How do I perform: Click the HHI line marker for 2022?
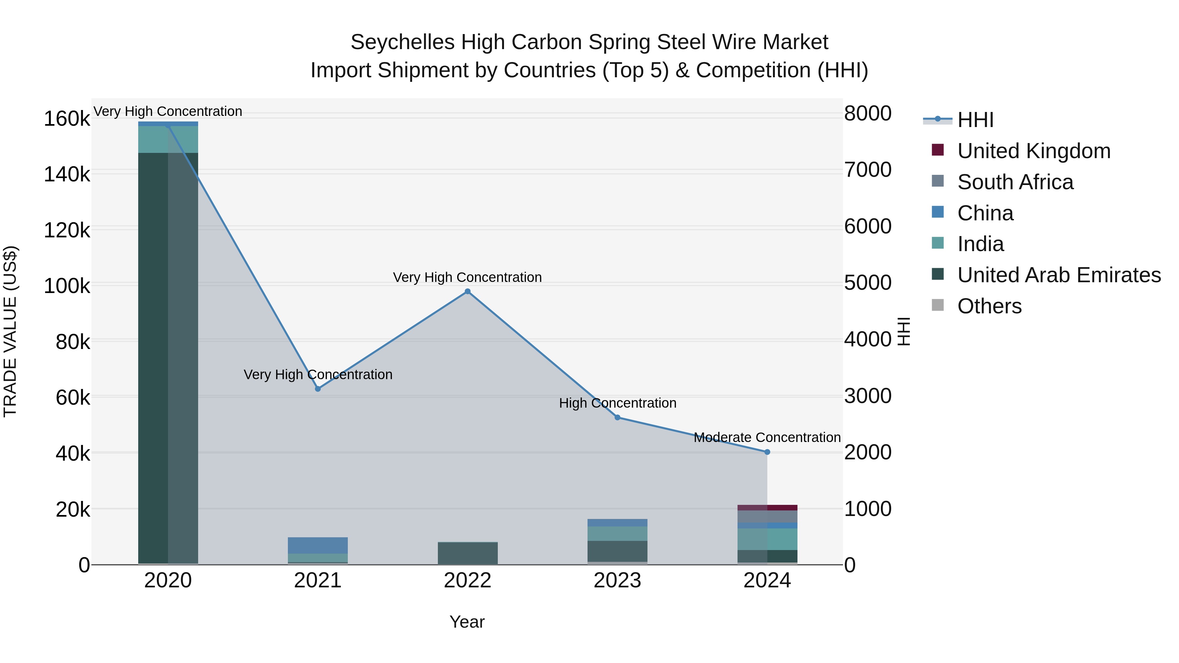tap(467, 291)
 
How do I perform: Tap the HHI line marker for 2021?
tap(318, 389)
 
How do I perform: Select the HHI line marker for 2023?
tap(617, 417)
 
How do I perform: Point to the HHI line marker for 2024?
tap(767, 452)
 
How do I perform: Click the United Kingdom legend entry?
tap(1034, 151)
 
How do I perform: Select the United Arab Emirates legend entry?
tap(1058, 275)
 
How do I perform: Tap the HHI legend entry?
tap(975, 120)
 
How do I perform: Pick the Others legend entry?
tap(989, 306)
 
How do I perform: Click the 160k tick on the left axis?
tap(67, 119)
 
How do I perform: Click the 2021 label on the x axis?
tap(318, 580)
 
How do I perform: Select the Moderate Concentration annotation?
tap(767, 437)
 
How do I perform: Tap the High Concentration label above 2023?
tap(617, 403)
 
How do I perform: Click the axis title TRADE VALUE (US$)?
tap(10, 331)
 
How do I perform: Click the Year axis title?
tap(467, 622)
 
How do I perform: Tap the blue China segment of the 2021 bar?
tap(318, 545)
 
